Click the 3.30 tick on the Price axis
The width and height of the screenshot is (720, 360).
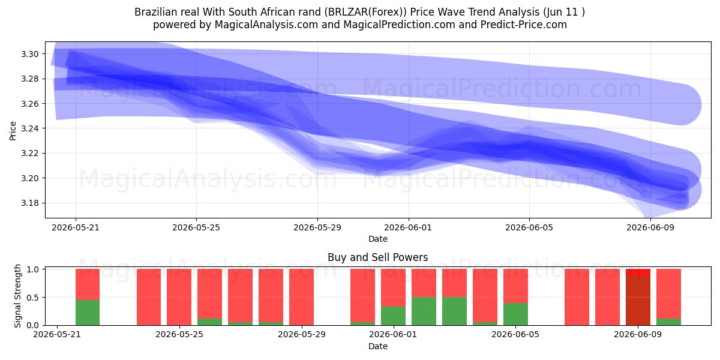(x=29, y=54)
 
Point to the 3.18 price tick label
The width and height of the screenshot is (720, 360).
(x=29, y=203)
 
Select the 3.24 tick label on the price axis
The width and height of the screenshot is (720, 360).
(x=29, y=128)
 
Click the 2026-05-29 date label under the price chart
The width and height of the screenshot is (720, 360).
(x=317, y=227)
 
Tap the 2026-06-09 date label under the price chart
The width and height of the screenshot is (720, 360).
(x=650, y=227)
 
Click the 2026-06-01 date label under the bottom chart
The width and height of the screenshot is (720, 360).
(x=393, y=335)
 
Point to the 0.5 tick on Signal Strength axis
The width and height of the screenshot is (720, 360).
(x=32, y=298)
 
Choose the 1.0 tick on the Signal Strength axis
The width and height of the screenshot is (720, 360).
(x=32, y=269)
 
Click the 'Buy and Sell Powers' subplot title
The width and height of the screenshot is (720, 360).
(x=377, y=257)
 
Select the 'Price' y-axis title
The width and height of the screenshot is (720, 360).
(x=13, y=131)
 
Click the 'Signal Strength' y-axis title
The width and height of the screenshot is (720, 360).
(x=17, y=296)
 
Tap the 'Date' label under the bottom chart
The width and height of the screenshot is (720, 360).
(x=378, y=346)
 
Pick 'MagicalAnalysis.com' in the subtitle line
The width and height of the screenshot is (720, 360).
(x=266, y=25)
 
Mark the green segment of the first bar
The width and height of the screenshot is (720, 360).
(x=88, y=313)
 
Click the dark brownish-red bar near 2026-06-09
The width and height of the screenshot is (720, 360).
(x=638, y=300)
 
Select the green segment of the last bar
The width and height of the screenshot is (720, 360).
(x=668, y=322)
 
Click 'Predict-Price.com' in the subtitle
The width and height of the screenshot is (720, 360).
(x=524, y=25)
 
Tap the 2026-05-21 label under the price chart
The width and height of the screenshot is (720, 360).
(x=76, y=227)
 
